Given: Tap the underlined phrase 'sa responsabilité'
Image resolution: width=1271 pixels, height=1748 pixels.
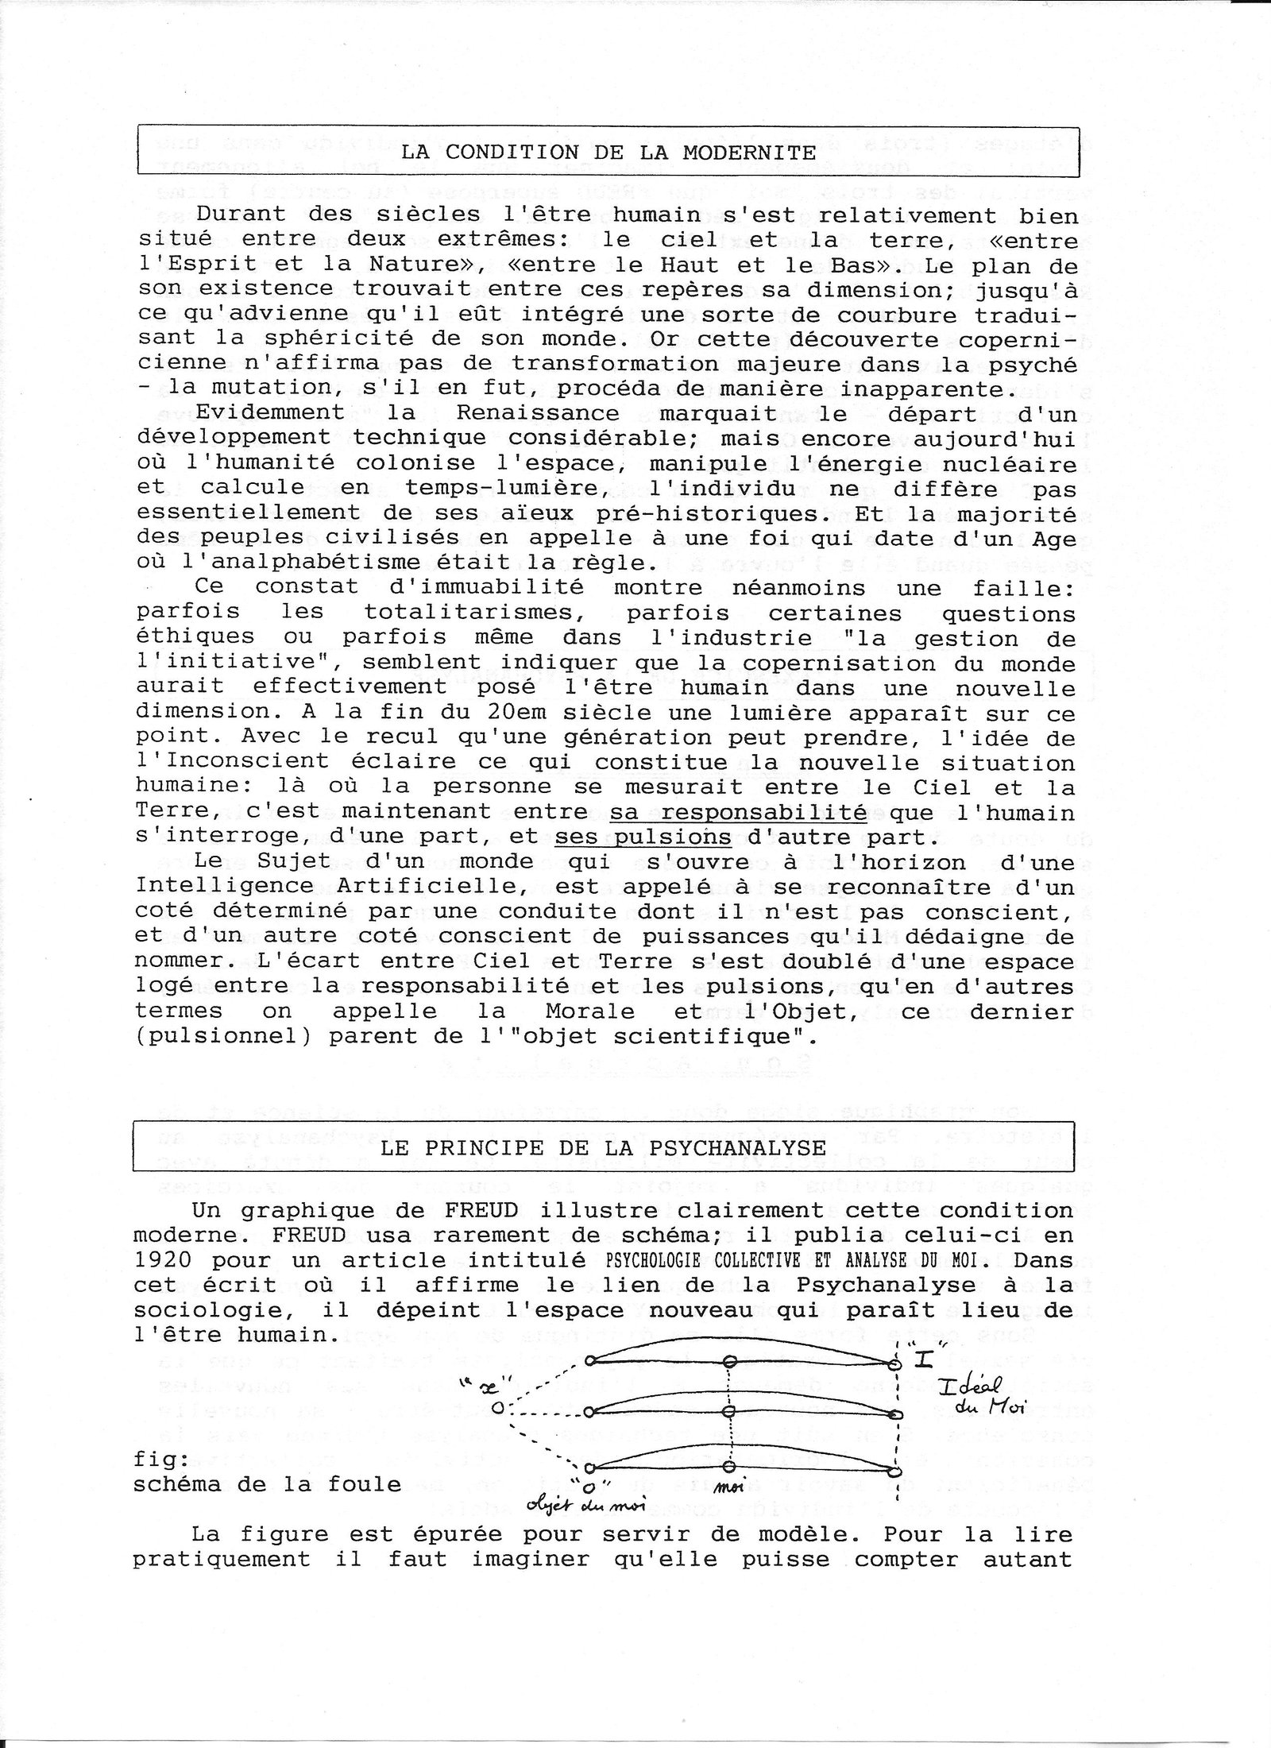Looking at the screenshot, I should [738, 813].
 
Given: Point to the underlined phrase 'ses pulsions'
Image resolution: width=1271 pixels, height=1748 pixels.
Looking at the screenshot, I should [643, 837].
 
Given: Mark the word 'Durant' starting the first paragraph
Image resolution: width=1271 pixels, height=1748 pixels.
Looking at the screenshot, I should [234, 215].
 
